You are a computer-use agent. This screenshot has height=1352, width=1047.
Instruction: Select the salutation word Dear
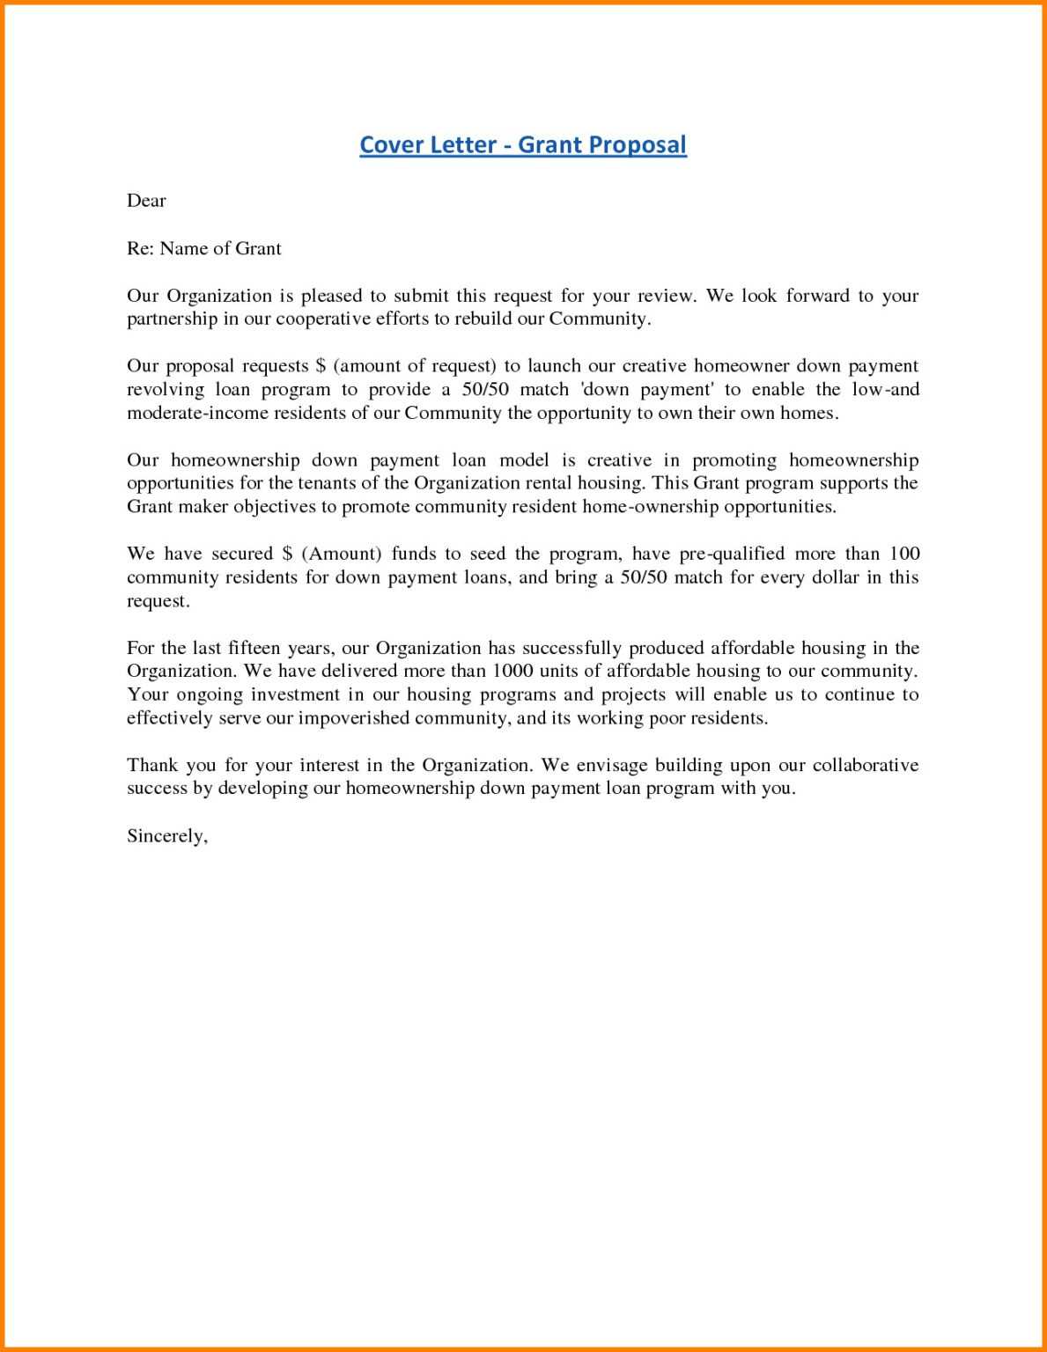[x=146, y=201]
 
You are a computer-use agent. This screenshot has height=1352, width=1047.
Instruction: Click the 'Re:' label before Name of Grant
[x=141, y=248]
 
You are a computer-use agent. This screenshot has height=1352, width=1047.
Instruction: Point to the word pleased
[x=330, y=296]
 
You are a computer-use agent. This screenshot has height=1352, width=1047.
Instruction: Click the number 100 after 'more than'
[x=904, y=554]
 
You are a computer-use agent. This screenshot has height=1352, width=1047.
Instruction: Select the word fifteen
[x=254, y=648]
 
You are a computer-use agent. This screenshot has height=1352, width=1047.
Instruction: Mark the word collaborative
[x=866, y=765]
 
